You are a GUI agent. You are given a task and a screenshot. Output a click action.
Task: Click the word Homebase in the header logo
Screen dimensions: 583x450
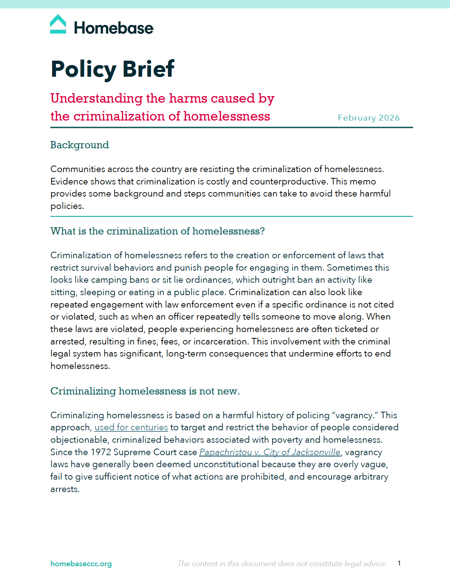114,28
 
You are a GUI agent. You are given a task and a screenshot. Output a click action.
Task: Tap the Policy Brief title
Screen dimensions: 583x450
113,69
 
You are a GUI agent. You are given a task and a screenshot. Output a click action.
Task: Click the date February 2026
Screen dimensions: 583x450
369,118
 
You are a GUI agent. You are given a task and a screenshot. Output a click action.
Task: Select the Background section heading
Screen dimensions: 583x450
80,145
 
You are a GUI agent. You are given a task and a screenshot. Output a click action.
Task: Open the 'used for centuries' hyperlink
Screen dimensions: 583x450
131,427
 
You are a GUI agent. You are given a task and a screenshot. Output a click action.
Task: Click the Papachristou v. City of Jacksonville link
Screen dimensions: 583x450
270,452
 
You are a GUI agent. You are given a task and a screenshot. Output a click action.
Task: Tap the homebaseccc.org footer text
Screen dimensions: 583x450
81,564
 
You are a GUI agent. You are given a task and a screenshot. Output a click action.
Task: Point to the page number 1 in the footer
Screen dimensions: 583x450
399,563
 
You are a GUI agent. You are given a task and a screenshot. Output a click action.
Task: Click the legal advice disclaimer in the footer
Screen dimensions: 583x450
282,564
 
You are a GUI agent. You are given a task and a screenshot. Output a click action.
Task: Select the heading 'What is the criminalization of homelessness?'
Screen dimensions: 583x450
157,231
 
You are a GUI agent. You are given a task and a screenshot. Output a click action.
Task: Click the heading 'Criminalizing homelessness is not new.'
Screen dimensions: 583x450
145,391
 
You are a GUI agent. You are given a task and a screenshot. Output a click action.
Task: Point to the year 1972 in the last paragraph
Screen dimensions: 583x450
100,452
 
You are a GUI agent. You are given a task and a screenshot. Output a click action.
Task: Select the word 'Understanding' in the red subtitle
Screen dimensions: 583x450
96,98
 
